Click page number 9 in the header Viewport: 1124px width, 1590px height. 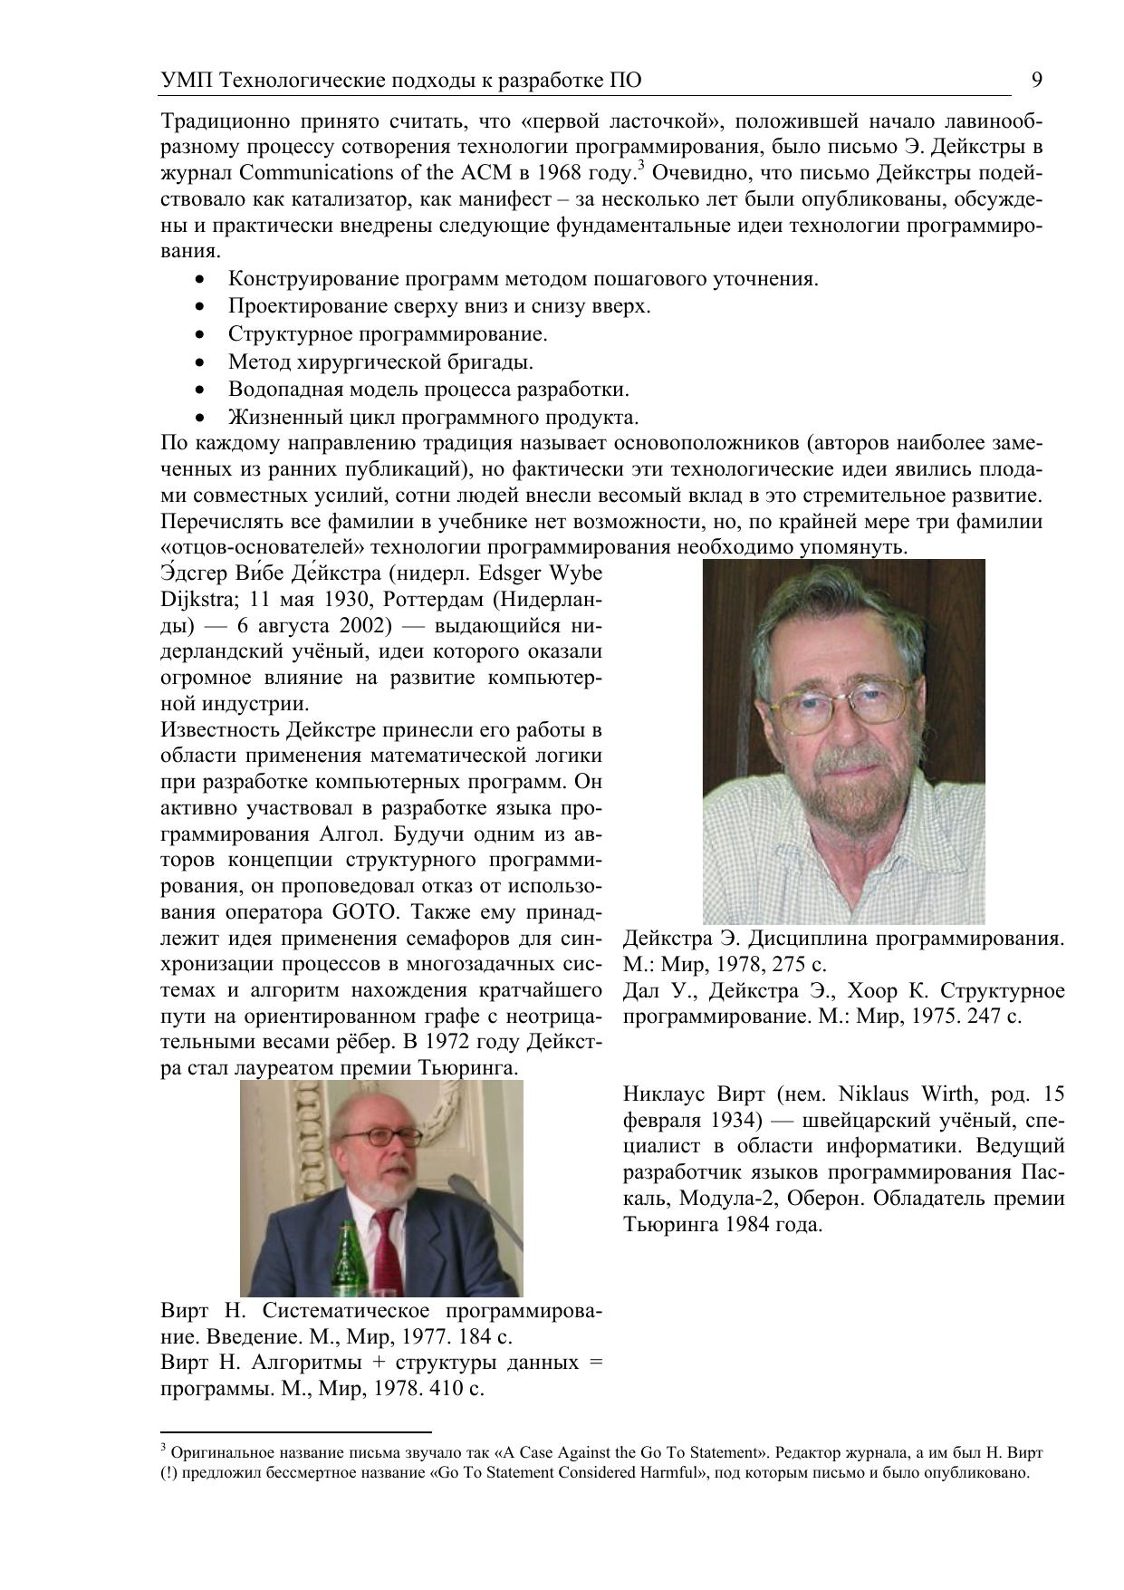point(1037,81)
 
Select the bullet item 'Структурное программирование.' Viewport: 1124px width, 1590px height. point(388,334)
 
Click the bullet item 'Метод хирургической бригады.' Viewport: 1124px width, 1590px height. point(380,362)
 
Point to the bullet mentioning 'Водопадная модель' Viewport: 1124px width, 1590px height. point(428,390)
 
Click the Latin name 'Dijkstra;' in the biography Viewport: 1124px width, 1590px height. point(197,600)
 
